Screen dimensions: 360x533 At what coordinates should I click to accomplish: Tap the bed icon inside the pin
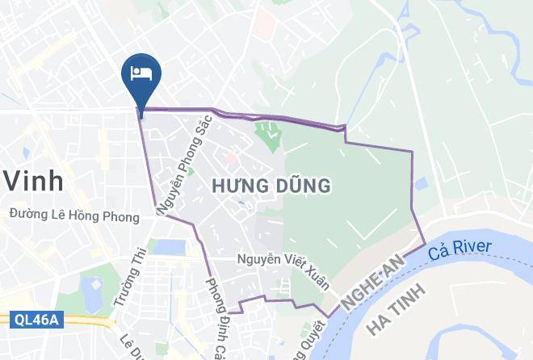click(x=141, y=73)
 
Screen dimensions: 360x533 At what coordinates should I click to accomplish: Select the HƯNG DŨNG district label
click(x=271, y=186)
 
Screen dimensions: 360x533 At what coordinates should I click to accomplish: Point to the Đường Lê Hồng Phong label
click(x=74, y=216)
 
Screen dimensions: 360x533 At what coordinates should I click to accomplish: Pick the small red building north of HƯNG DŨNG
click(x=230, y=157)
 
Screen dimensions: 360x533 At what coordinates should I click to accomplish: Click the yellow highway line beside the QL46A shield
click(x=89, y=321)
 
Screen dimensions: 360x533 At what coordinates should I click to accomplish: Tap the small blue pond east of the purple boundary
click(x=419, y=184)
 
